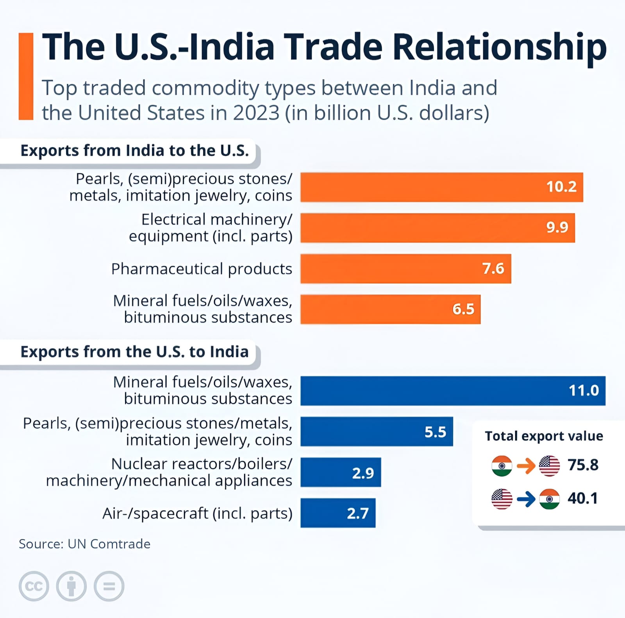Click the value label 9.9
(557, 227)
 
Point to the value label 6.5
(463, 309)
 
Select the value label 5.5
(435, 432)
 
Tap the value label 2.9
(363, 473)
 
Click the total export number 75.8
(583, 465)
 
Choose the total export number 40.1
(583, 498)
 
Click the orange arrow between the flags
(526, 466)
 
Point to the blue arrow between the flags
(526, 499)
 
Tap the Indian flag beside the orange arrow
(502, 466)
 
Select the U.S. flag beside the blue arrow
(502, 499)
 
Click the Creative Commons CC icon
(34, 586)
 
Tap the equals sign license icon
(109, 586)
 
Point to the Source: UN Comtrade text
(84, 544)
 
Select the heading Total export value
(544, 436)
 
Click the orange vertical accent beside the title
(26, 76)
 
